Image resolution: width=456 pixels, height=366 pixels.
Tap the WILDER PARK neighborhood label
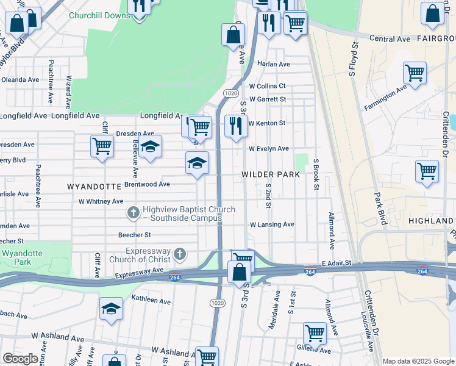[x=271, y=174]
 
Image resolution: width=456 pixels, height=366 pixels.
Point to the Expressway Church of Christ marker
[x=180, y=254]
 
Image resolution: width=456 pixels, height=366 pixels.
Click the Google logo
[x=20, y=359]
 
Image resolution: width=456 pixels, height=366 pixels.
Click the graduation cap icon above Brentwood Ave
[x=197, y=163]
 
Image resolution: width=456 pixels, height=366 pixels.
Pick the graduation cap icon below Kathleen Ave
[x=111, y=308]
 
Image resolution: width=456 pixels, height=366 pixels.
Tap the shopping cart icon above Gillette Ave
[x=315, y=333]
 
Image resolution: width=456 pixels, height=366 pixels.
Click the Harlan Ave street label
[x=273, y=64]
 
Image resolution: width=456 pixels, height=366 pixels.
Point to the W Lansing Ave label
[x=271, y=224]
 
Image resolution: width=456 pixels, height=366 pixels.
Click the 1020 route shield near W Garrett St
[x=230, y=93]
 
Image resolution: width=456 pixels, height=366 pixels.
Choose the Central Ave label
[x=390, y=38]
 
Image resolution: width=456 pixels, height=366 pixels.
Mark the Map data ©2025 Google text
[x=418, y=361]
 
